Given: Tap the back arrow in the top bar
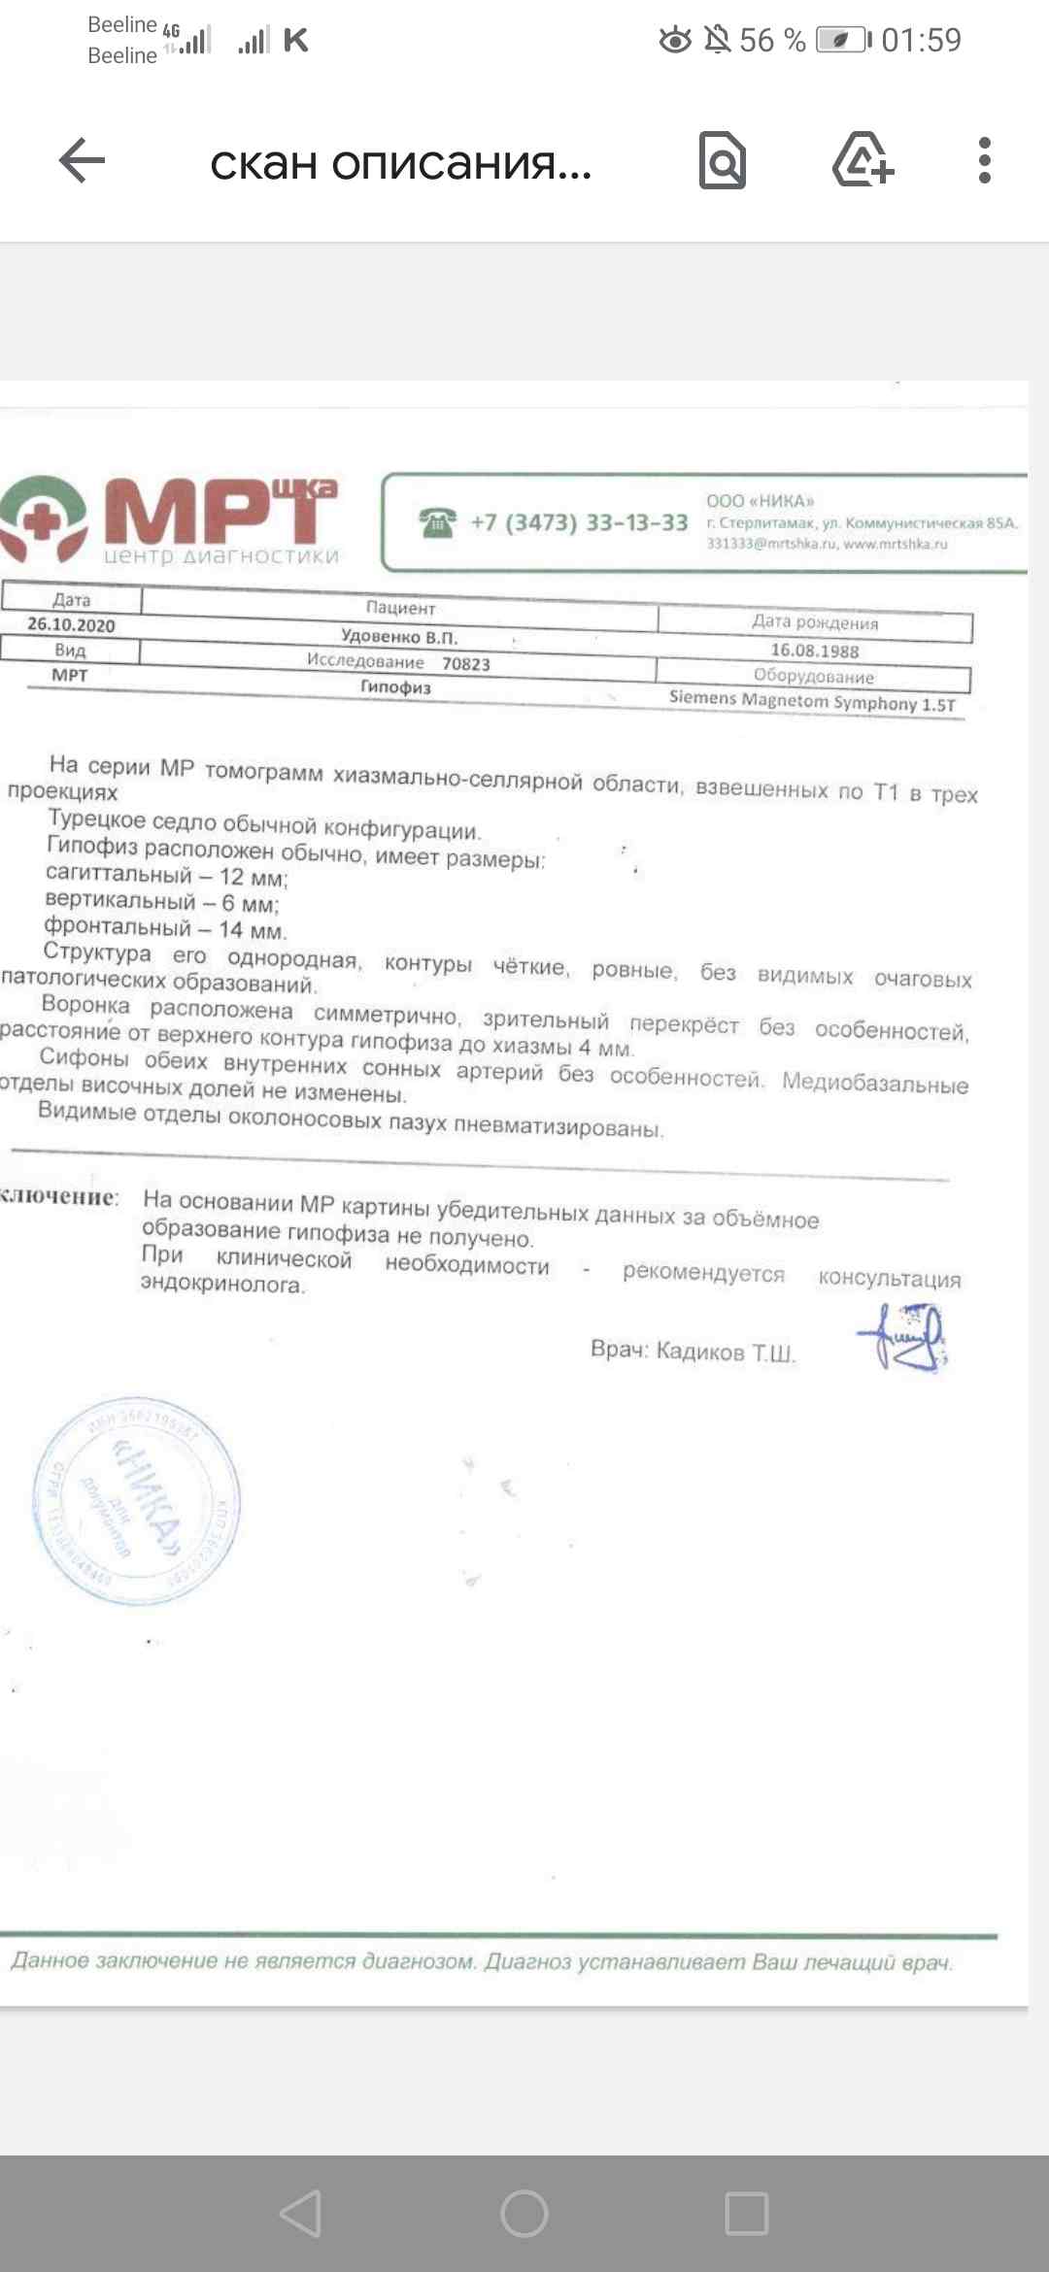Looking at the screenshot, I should [x=83, y=160].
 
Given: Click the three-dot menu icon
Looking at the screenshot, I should [x=984, y=160].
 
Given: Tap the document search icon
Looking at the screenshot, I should [x=723, y=161].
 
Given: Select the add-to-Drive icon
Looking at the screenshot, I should [x=863, y=159].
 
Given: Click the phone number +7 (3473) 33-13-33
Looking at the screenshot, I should [x=579, y=522].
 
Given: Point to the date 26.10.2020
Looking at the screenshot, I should [x=71, y=624].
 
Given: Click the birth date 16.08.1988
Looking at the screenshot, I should [x=815, y=650].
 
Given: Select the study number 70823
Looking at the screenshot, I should [x=466, y=664].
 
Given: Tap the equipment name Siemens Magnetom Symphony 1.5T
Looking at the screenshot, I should [x=812, y=701].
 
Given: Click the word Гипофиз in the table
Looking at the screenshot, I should [x=395, y=686].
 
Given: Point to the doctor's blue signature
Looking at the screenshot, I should [x=903, y=1337].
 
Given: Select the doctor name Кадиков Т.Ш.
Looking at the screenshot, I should [x=726, y=1352].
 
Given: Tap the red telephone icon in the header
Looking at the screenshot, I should [x=438, y=522].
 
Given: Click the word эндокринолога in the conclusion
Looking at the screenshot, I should [x=222, y=1284].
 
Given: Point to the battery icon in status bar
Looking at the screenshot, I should [x=841, y=40].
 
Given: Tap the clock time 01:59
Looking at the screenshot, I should [x=921, y=40].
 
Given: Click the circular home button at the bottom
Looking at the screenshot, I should [x=524, y=2214].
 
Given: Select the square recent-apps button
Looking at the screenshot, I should [x=747, y=2214].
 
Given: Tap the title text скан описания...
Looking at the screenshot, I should [x=400, y=163].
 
